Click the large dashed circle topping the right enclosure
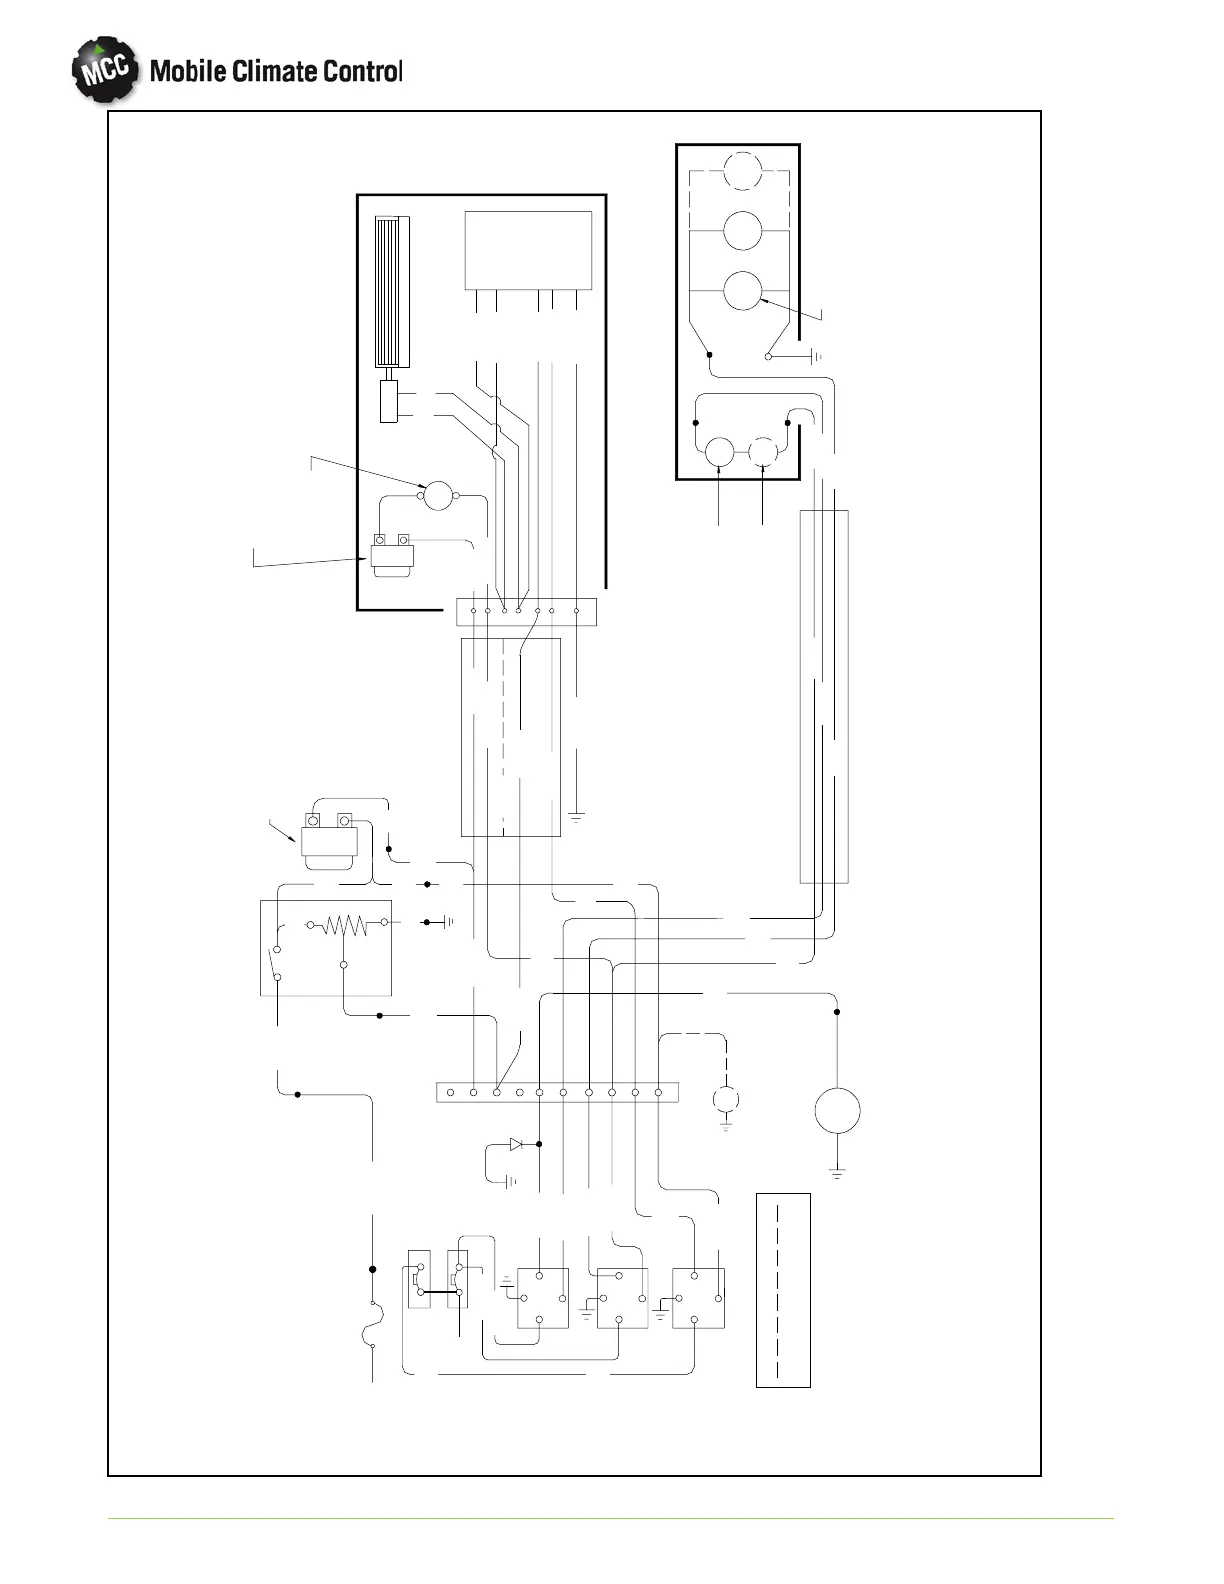coord(742,170)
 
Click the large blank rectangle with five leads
coord(528,250)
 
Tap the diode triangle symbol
coord(516,1144)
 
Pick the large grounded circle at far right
coord(837,1110)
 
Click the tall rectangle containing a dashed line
coord(783,1289)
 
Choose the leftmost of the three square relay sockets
coord(542,1298)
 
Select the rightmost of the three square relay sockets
coord(698,1298)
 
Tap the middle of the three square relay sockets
coord(621,1298)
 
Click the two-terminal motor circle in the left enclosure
coord(438,494)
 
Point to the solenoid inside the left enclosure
coord(392,554)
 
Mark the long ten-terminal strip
coord(557,1092)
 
